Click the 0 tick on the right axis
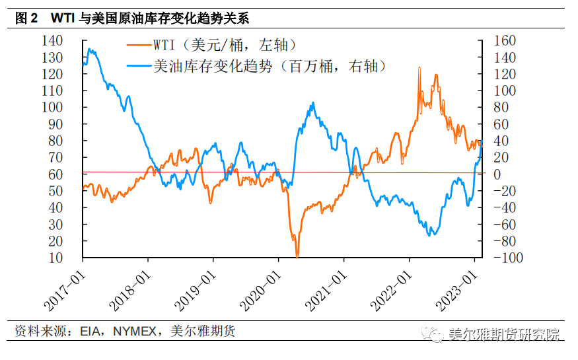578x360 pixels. point(492,174)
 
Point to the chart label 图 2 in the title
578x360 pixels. point(26,18)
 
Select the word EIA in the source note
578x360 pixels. point(90,332)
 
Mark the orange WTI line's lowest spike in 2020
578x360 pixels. point(297,256)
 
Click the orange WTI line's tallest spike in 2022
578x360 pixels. point(419,68)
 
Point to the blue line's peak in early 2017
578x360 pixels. point(90,50)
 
